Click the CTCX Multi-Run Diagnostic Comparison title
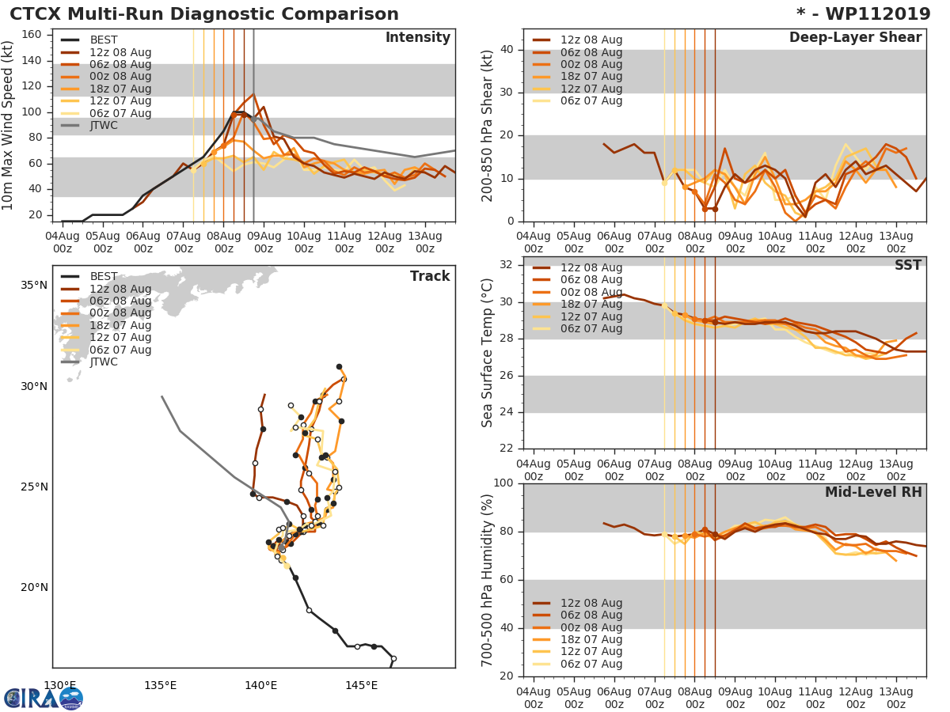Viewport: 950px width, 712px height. tap(204, 14)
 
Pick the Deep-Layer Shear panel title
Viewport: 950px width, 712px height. tap(855, 38)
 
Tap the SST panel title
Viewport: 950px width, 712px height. tap(907, 265)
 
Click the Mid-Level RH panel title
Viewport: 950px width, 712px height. tap(873, 492)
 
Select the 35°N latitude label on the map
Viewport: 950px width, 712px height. tap(34, 286)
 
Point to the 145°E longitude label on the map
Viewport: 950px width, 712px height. tap(361, 685)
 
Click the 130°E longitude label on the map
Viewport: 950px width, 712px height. tap(59, 685)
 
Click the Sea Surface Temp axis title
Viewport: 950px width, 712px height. tap(488, 353)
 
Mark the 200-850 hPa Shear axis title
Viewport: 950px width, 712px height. tap(488, 125)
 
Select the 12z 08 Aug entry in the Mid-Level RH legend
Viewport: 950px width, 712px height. tap(591, 603)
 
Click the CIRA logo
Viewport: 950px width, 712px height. tap(43, 698)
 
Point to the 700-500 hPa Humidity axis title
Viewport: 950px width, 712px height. tap(488, 580)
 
